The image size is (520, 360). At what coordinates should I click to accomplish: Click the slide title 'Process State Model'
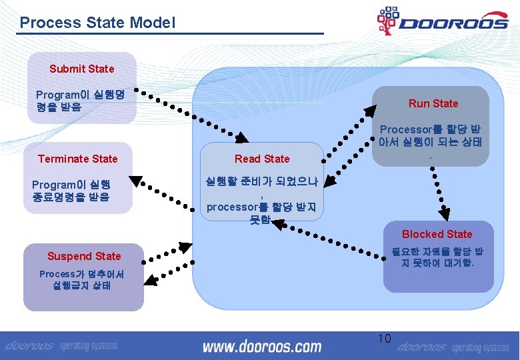coord(97,23)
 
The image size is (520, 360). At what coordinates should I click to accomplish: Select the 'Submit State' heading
coord(81,69)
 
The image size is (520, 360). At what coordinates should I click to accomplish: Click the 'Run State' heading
coord(433,103)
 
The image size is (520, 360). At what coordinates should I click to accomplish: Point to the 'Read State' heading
coord(262,159)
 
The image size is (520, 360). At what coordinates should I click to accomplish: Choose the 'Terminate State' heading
coord(77,159)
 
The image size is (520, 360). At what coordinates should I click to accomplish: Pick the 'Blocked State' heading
coord(437,234)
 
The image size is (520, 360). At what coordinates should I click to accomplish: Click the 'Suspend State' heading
coord(84,256)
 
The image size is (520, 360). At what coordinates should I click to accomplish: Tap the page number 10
coord(385,339)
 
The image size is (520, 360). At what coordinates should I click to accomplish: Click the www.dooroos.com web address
coord(261,347)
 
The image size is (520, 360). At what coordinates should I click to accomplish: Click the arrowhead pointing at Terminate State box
coord(136,179)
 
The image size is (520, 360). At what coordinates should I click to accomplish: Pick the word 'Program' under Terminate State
coord(54,185)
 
